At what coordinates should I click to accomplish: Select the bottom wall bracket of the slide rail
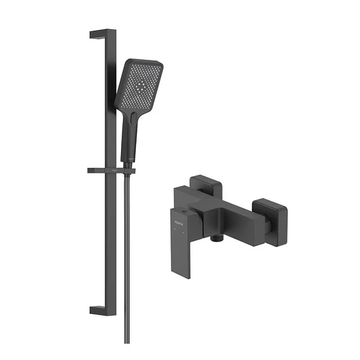click(x=100, y=310)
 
